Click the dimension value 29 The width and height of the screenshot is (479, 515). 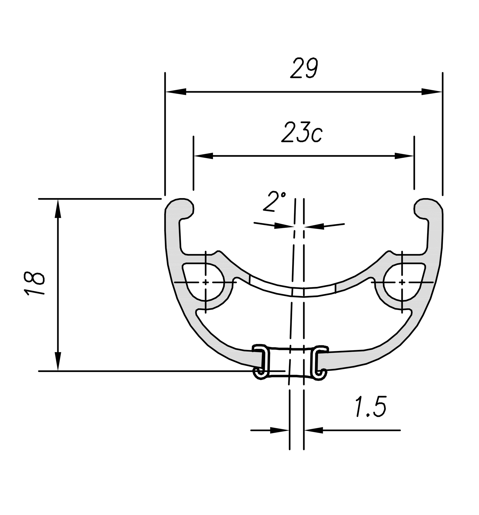pos(304,68)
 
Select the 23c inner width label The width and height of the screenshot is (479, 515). pos(302,132)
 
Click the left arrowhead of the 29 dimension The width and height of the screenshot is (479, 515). pos(176,92)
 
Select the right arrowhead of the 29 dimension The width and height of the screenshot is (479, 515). pos(432,92)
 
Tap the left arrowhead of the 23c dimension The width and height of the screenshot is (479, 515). pos(204,156)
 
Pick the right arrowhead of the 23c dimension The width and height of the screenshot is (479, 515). pos(404,156)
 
